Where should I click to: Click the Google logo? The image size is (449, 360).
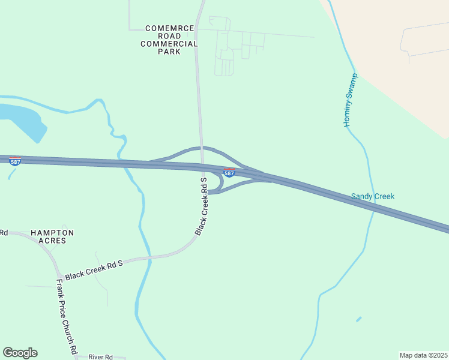coord(20,353)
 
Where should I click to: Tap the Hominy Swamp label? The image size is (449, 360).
coord(351,100)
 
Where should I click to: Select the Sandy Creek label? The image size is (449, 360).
coord(373,196)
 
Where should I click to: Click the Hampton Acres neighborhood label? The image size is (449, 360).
coord(52,236)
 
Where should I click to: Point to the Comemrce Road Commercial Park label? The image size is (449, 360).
coord(169,40)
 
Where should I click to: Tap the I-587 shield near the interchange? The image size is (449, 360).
coord(229,173)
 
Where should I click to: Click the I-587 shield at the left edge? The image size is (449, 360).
coord(15,161)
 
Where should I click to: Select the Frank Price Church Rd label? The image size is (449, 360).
coord(67,316)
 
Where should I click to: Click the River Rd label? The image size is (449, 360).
coord(101,357)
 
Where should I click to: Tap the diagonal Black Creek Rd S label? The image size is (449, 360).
coord(202,206)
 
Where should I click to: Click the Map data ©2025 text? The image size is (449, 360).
coord(423,355)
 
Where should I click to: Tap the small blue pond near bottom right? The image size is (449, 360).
coord(358,319)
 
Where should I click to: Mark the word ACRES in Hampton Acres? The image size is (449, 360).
coord(52,241)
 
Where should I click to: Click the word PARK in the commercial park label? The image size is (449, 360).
coord(169,52)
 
